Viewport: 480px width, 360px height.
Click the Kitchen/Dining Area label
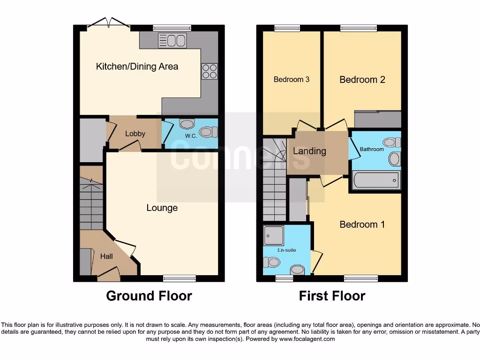click(137, 67)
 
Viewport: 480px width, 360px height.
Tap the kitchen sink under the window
click(172, 40)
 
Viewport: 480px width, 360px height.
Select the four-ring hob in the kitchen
click(210, 71)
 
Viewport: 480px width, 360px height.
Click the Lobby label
click(135, 134)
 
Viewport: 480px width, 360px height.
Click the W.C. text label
click(190, 136)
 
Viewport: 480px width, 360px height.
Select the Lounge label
click(162, 208)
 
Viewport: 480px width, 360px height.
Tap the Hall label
click(106, 256)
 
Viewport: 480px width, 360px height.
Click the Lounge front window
click(180, 278)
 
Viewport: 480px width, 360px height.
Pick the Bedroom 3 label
click(291, 79)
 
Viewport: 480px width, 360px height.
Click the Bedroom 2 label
click(362, 80)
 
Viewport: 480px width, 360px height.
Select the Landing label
click(309, 151)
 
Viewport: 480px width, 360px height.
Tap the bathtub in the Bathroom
click(376, 180)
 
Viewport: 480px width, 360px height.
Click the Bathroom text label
click(372, 150)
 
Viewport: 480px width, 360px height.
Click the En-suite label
click(286, 250)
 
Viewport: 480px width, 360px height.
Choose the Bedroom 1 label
click(362, 225)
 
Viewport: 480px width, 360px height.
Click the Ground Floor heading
click(149, 296)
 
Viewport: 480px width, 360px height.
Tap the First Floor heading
click(332, 296)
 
